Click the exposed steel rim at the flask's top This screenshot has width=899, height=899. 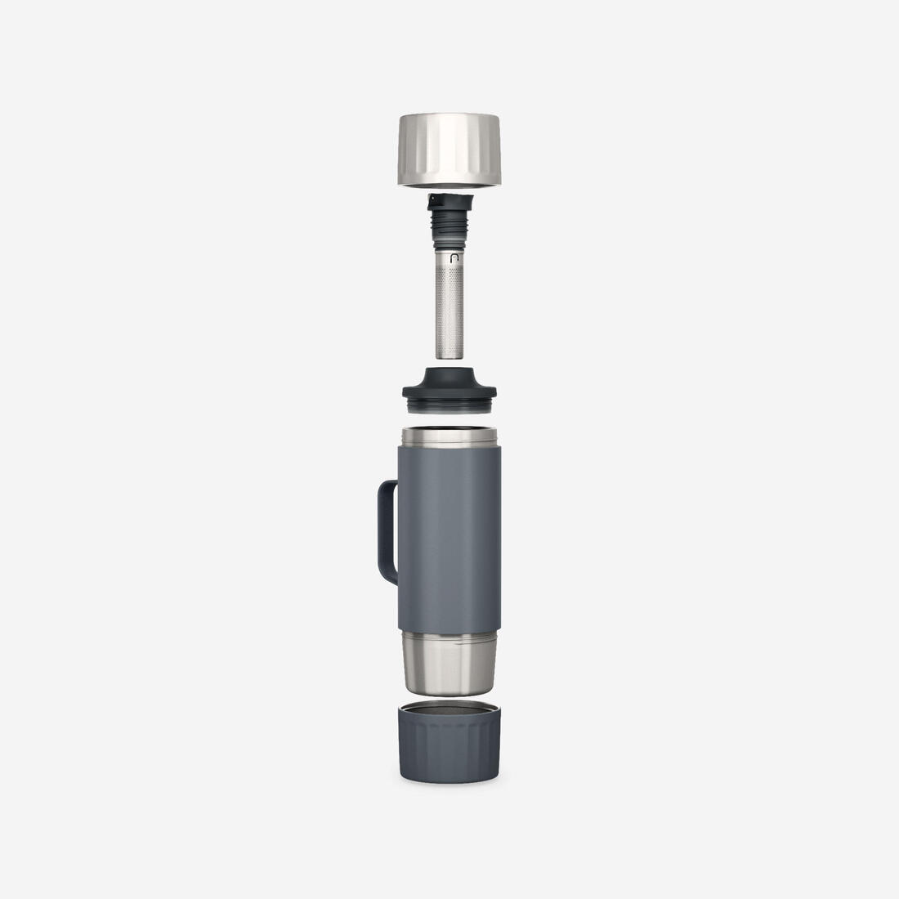tap(449, 435)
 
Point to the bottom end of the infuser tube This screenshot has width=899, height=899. tap(449, 356)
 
